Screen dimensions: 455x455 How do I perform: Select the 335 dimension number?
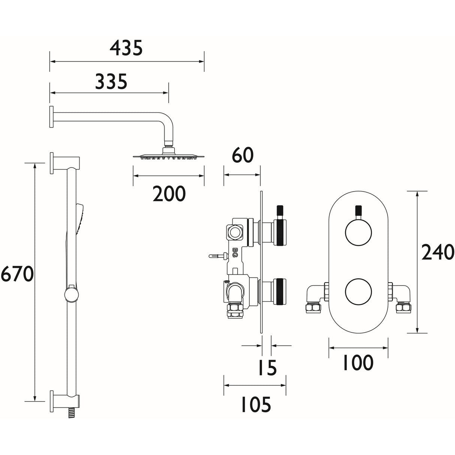coord(111,81)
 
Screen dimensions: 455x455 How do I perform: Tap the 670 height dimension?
coord(17,275)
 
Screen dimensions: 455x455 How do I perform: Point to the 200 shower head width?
coord(169,194)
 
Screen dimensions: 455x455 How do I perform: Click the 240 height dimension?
coord(438,252)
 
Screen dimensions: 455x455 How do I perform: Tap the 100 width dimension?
coord(358,362)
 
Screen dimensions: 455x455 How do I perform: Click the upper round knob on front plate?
coord(358,232)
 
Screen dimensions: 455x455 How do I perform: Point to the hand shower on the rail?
coord(79,217)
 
